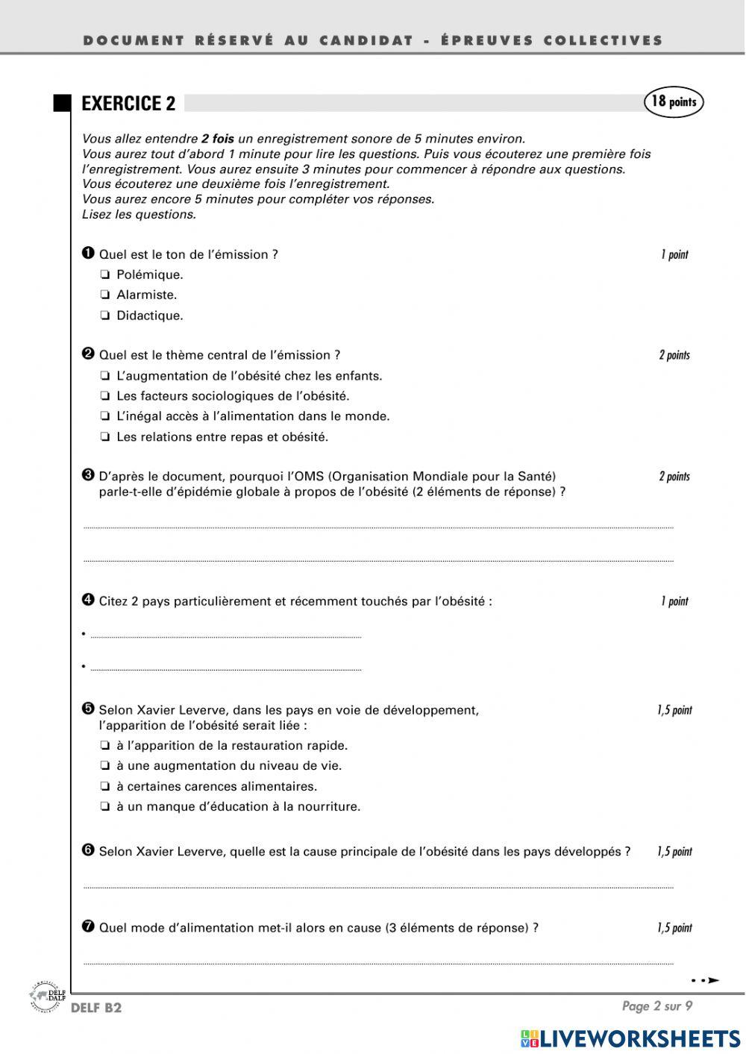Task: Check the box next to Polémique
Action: tap(105, 275)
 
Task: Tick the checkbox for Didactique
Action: tap(105, 316)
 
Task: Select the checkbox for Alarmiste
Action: tap(105, 295)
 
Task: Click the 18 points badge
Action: tap(674, 102)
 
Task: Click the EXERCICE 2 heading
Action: tap(128, 104)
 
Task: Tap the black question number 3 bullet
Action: tap(88, 475)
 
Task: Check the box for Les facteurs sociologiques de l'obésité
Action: tap(105, 397)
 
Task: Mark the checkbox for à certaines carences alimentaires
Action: tap(105, 787)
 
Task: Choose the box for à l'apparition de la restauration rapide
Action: tap(105, 746)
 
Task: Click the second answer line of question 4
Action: tap(225, 668)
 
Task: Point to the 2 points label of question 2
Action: tap(674, 356)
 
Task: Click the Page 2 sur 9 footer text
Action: tap(657, 1006)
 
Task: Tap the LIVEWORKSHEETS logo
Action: tap(630, 1038)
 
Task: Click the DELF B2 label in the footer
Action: tap(96, 1008)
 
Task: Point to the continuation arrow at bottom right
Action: tap(705, 980)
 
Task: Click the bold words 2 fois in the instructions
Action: tap(217, 139)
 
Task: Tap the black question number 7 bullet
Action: tap(88, 926)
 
